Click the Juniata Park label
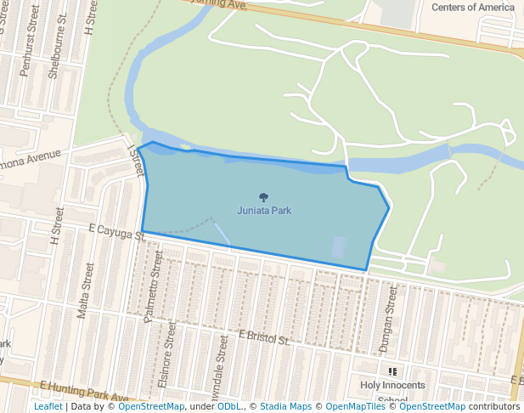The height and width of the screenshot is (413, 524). pos(264,210)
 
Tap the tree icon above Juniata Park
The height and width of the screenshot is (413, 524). pos(264,197)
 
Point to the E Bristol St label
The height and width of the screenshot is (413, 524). pos(264,339)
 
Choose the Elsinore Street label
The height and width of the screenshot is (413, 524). pos(168,354)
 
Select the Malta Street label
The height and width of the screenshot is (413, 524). pos(85,290)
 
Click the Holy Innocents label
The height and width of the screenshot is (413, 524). pos(392,385)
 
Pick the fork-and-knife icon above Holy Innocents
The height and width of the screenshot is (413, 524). pos(392,371)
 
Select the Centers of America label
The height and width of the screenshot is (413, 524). pos(473,7)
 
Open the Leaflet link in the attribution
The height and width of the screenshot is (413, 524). pos(48,407)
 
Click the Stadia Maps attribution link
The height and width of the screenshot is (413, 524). pos(285,407)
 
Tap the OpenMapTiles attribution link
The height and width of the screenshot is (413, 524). pos(354,407)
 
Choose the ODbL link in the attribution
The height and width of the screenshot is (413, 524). pos(230,407)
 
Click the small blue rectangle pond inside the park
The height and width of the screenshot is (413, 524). pos(339,247)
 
